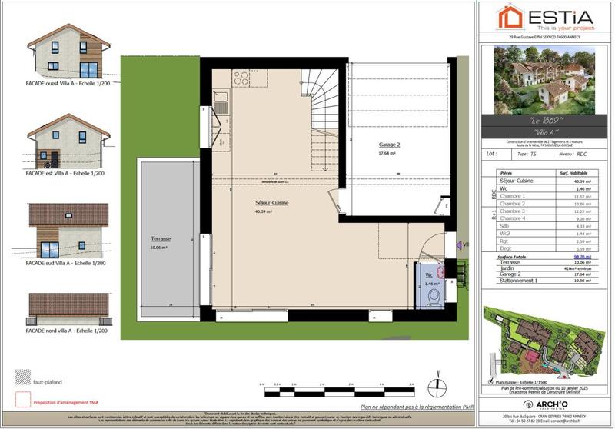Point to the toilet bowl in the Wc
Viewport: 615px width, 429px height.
(433, 296)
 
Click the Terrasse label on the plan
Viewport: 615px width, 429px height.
(161, 240)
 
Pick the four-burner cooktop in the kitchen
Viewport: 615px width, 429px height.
(241, 78)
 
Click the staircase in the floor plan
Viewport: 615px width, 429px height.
(320, 115)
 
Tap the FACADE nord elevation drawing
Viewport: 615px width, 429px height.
(68, 308)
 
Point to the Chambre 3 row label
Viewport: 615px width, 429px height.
(512, 211)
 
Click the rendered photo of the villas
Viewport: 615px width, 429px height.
(544, 78)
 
